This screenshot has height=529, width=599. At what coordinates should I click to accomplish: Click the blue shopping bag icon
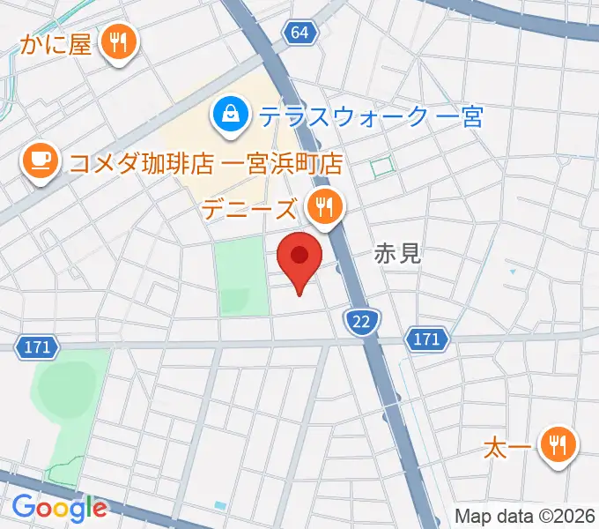click(229, 115)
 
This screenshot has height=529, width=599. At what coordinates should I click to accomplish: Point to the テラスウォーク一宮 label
click(371, 115)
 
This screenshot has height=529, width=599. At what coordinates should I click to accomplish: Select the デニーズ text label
click(249, 210)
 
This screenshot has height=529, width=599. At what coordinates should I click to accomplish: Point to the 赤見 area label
click(397, 255)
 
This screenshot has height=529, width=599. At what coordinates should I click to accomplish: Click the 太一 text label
click(507, 449)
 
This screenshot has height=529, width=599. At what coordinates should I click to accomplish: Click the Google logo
click(59, 507)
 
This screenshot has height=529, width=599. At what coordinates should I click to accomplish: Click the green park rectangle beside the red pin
click(241, 275)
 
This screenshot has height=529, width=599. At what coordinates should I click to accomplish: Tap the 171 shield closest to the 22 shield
click(426, 338)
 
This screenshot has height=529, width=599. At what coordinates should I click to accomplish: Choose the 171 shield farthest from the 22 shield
click(36, 346)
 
